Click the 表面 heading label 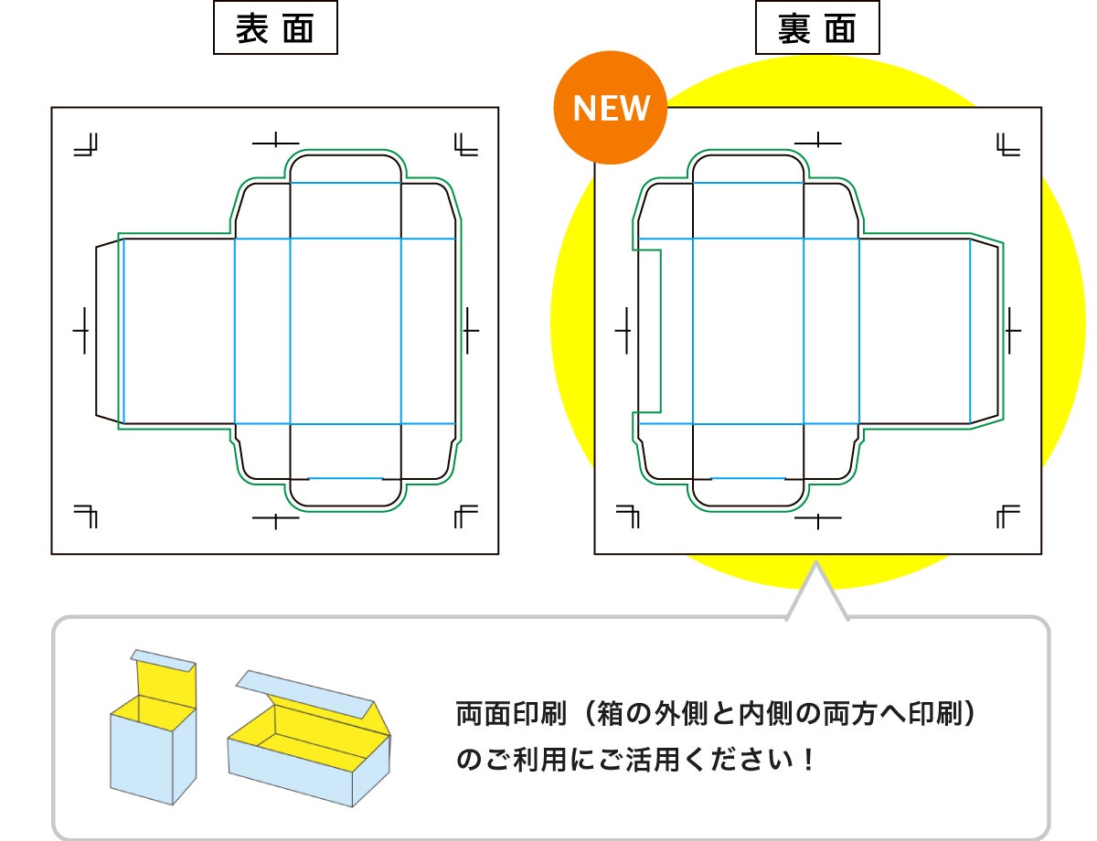pyautogui.click(x=274, y=30)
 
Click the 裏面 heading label pyautogui.click(x=816, y=30)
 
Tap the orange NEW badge pyautogui.click(x=611, y=108)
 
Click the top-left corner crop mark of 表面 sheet pyautogui.click(x=88, y=145)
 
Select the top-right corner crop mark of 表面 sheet pyautogui.click(x=464, y=144)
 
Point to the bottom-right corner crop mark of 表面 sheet pyautogui.click(x=464, y=516)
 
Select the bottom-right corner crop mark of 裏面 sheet pyautogui.click(x=1007, y=516)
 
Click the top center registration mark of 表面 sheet pyautogui.click(x=275, y=142)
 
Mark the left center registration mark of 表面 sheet pyautogui.click(x=82, y=329)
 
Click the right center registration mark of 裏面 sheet pyautogui.click(x=1012, y=329)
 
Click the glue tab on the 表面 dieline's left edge pyautogui.click(x=108, y=329)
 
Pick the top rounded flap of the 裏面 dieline pyautogui.click(x=749, y=168)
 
